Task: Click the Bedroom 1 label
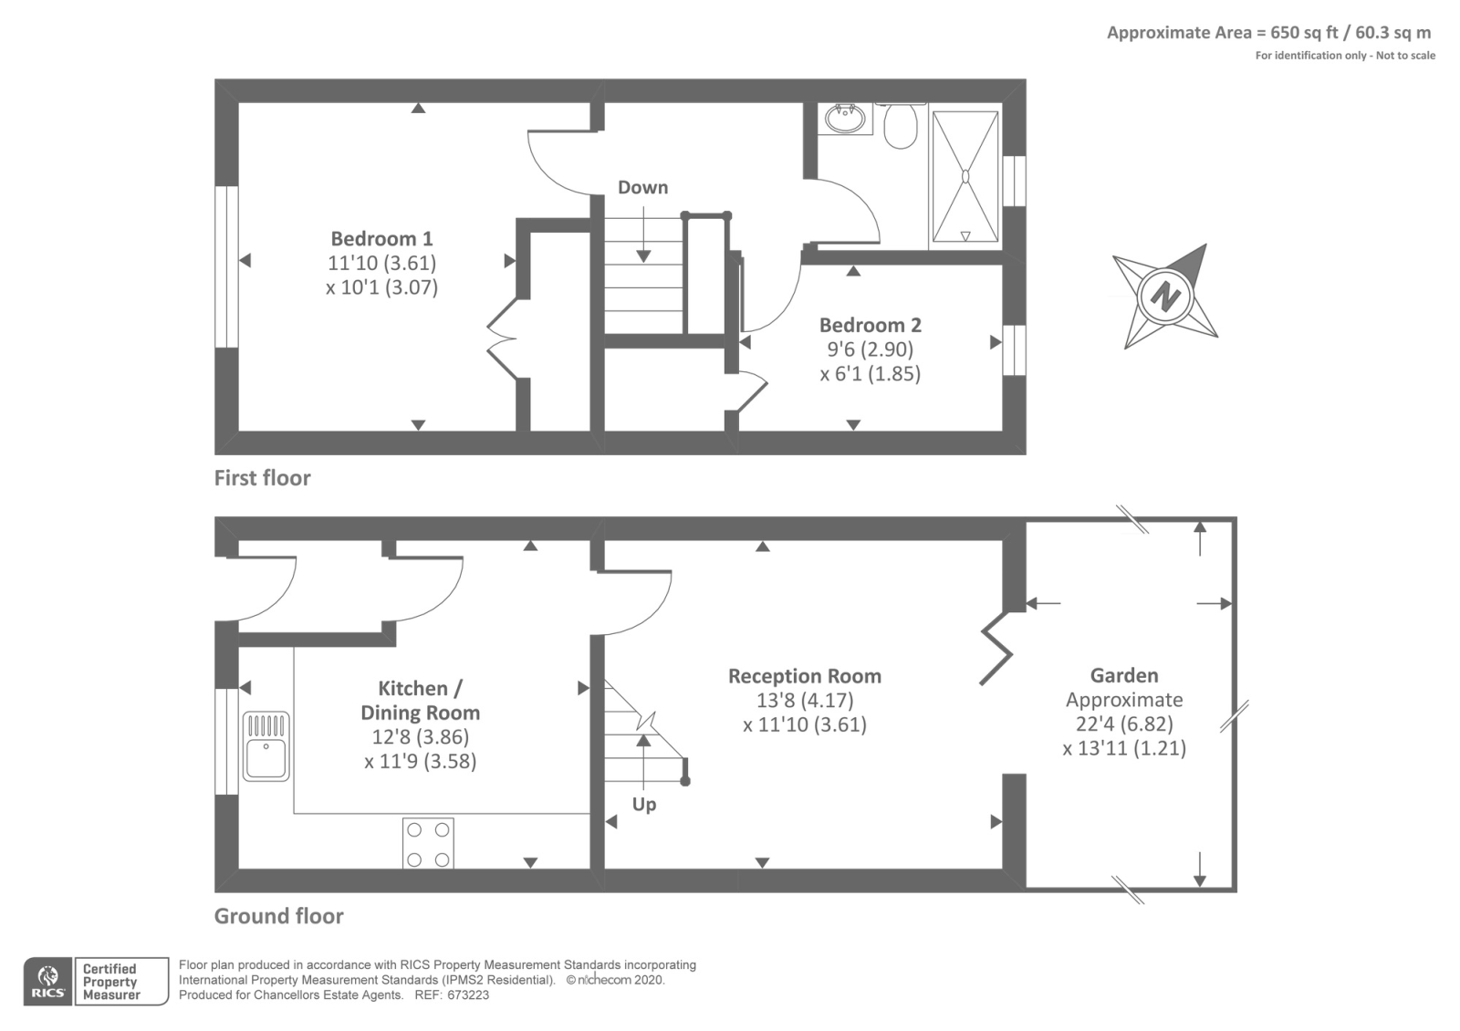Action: (x=381, y=239)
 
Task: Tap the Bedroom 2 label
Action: (x=870, y=326)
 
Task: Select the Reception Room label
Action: (x=804, y=676)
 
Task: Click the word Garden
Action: (x=1124, y=676)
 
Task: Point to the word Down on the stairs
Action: (x=642, y=187)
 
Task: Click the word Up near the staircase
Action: (x=644, y=805)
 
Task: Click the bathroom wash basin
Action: (x=845, y=119)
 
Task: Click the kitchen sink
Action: (x=266, y=746)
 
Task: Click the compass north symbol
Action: (x=1165, y=297)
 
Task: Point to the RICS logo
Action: (x=47, y=982)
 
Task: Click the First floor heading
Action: (x=262, y=478)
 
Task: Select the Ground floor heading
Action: (x=278, y=916)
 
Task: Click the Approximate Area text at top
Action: (x=1268, y=33)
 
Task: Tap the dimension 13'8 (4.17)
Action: (x=804, y=701)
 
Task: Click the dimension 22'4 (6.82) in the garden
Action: (x=1124, y=724)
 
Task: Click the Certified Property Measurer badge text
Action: (x=110, y=982)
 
